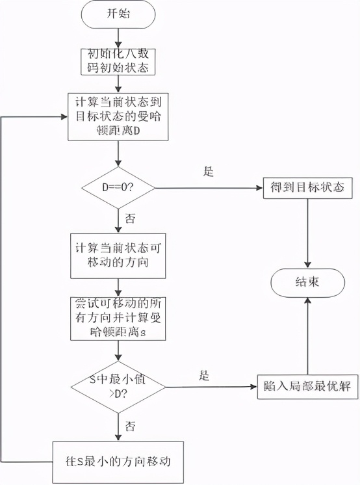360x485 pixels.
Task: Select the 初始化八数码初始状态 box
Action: click(x=118, y=62)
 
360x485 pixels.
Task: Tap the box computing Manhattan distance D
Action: click(x=118, y=116)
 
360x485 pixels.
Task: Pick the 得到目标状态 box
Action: click(x=307, y=189)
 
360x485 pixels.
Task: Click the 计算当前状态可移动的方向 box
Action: click(x=118, y=257)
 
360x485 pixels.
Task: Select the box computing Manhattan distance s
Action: click(x=118, y=318)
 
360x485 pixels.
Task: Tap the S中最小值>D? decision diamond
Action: click(x=118, y=386)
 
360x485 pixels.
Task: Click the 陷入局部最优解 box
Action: click(x=307, y=386)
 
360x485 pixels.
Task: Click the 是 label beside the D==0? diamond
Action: click(x=209, y=172)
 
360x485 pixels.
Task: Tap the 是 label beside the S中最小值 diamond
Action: click(x=204, y=375)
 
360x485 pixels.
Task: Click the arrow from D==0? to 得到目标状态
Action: click(x=208, y=189)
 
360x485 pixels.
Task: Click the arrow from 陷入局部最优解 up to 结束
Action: click(x=307, y=338)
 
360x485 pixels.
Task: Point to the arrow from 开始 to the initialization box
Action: click(x=118, y=36)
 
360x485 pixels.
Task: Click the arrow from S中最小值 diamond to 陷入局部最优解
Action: click(x=208, y=386)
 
